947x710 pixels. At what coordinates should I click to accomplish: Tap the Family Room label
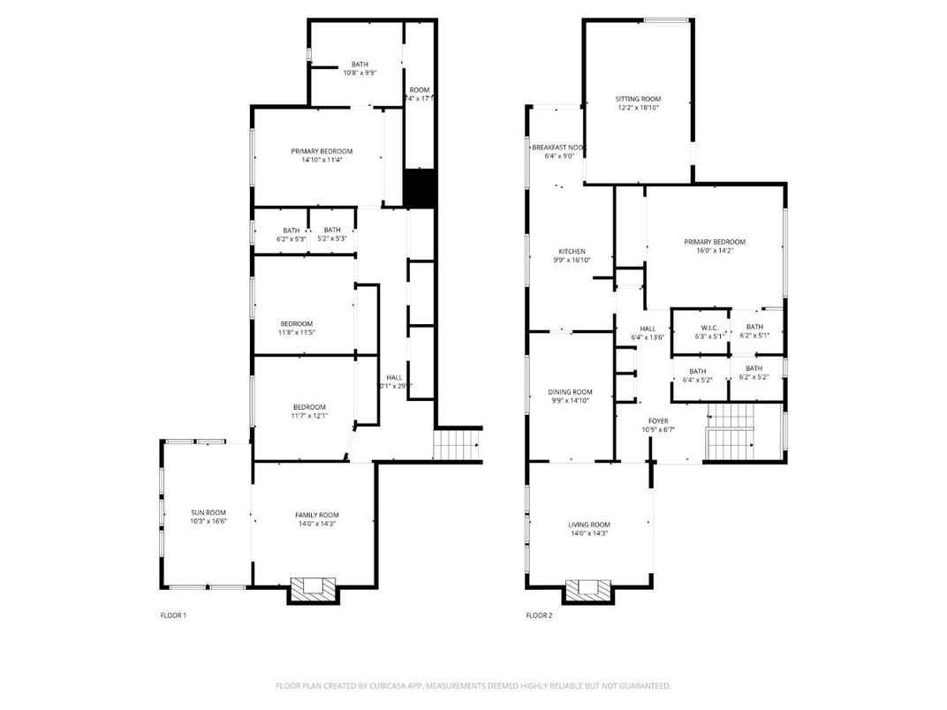(316, 515)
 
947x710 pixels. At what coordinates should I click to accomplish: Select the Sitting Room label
(638, 99)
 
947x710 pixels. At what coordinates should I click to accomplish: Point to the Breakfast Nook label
(558, 147)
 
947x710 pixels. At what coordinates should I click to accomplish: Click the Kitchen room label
(572, 252)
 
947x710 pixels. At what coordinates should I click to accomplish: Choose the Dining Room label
(570, 392)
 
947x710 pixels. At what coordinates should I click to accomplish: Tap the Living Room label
(589, 525)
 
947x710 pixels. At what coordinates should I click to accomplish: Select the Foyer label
(658, 421)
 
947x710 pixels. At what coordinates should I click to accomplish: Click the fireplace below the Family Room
(313, 589)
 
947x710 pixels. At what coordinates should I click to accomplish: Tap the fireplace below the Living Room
(587, 589)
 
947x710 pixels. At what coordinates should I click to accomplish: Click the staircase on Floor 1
(457, 444)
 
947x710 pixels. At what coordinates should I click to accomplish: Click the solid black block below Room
(420, 188)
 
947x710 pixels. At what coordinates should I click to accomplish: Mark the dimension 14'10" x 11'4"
(322, 160)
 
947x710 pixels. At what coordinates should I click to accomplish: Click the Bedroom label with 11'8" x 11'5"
(296, 323)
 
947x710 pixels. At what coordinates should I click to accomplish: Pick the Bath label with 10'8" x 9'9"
(360, 64)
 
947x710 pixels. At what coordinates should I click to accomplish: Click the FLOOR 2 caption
(539, 616)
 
